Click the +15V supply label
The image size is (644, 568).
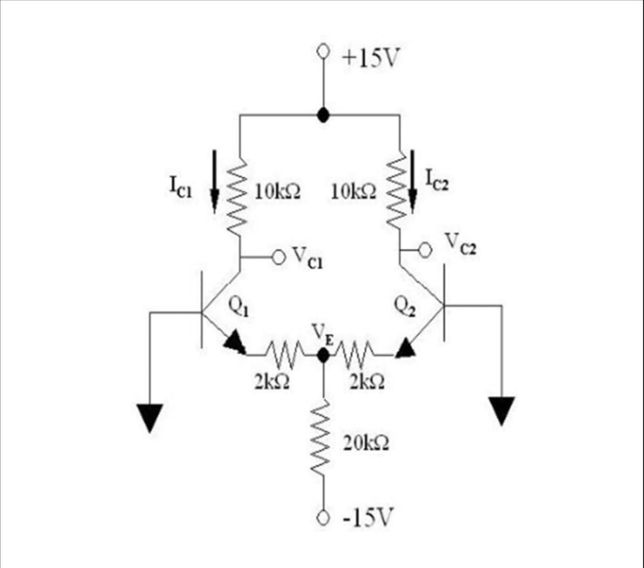370,57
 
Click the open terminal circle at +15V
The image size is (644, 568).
323,52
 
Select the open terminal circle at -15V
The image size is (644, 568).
323,518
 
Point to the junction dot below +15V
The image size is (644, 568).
323,115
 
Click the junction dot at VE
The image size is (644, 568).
323,356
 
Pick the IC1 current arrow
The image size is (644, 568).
214,181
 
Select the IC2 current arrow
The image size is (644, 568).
413,181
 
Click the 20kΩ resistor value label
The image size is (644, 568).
366,444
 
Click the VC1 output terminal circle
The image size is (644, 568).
278,257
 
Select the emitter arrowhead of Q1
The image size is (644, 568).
234,344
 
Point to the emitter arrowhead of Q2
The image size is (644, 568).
405,348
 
